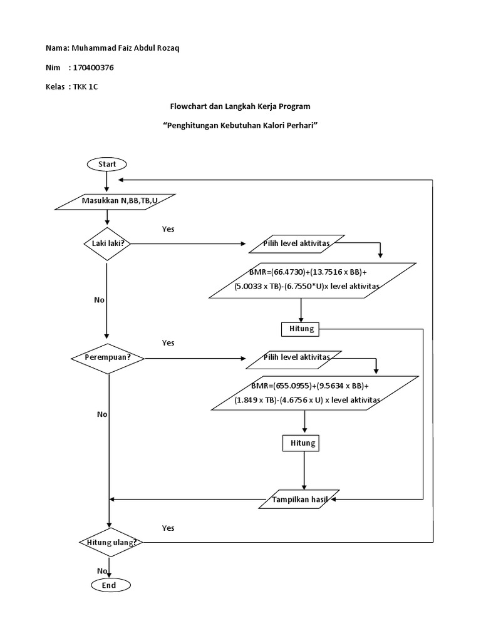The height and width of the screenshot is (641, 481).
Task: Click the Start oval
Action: click(x=107, y=164)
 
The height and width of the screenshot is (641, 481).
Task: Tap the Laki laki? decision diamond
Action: click(x=108, y=244)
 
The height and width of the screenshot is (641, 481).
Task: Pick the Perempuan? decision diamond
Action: click(x=109, y=358)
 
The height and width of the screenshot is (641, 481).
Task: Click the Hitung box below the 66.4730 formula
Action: click(x=302, y=328)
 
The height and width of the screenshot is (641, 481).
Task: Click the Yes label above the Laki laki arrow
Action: click(x=168, y=229)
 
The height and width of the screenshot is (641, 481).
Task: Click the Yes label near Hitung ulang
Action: click(x=168, y=528)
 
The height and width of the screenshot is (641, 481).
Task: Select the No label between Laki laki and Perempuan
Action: click(x=99, y=300)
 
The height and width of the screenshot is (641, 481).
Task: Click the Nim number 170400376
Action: click(x=93, y=67)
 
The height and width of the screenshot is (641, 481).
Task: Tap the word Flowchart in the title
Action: click(x=190, y=106)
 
